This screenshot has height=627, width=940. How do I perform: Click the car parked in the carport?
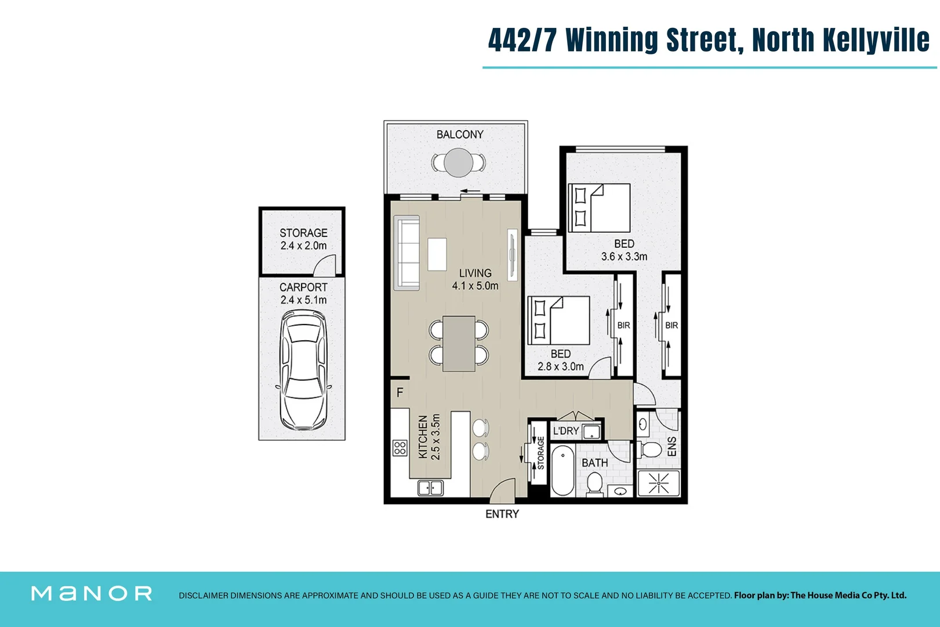[303, 370]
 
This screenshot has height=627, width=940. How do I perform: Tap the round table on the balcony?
[458, 163]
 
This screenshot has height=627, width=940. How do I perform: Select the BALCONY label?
[459, 135]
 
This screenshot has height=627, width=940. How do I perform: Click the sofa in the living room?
[407, 253]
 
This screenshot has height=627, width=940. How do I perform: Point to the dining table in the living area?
[459, 344]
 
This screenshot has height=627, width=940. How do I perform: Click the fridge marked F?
[400, 393]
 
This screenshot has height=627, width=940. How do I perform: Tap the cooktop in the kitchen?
[400, 448]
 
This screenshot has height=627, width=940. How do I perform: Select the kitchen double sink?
[430, 488]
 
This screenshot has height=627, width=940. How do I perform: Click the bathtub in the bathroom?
[562, 471]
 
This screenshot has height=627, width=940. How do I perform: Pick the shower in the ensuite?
[658, 483]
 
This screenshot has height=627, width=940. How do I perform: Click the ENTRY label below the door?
[502, 514]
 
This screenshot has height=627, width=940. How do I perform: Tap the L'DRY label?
[565, 431]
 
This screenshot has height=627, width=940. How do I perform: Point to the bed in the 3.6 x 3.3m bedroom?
[599, 208]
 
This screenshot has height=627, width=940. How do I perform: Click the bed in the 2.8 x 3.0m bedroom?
[558, 320]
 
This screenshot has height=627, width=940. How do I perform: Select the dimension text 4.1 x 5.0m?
[475, 286]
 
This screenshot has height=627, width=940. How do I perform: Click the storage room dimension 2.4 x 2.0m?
[303, 246]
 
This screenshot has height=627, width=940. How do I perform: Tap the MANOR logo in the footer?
[92, 593]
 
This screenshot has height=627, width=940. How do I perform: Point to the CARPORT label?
[303, 287]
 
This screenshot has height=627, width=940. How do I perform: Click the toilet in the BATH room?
[595, 484]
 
